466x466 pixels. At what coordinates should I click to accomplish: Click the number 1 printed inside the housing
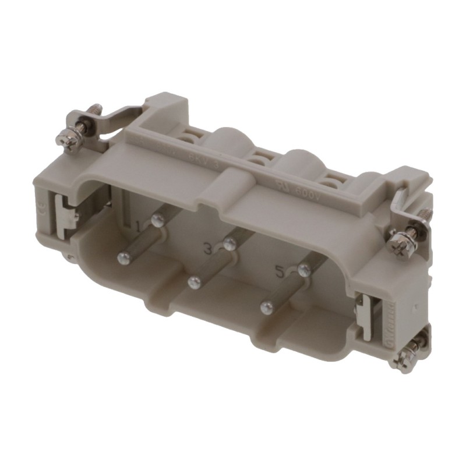(x=138, y=225)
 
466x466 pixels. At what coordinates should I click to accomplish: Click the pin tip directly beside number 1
(x=156, y=220)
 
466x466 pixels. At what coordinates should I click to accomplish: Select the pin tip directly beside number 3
(x=230, y=244)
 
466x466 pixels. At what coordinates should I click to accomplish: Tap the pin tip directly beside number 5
(x=302, y=269)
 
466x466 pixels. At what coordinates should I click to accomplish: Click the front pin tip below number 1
(x=123, y=256)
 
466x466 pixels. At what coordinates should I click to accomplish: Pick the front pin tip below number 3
(x=193, y=282)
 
